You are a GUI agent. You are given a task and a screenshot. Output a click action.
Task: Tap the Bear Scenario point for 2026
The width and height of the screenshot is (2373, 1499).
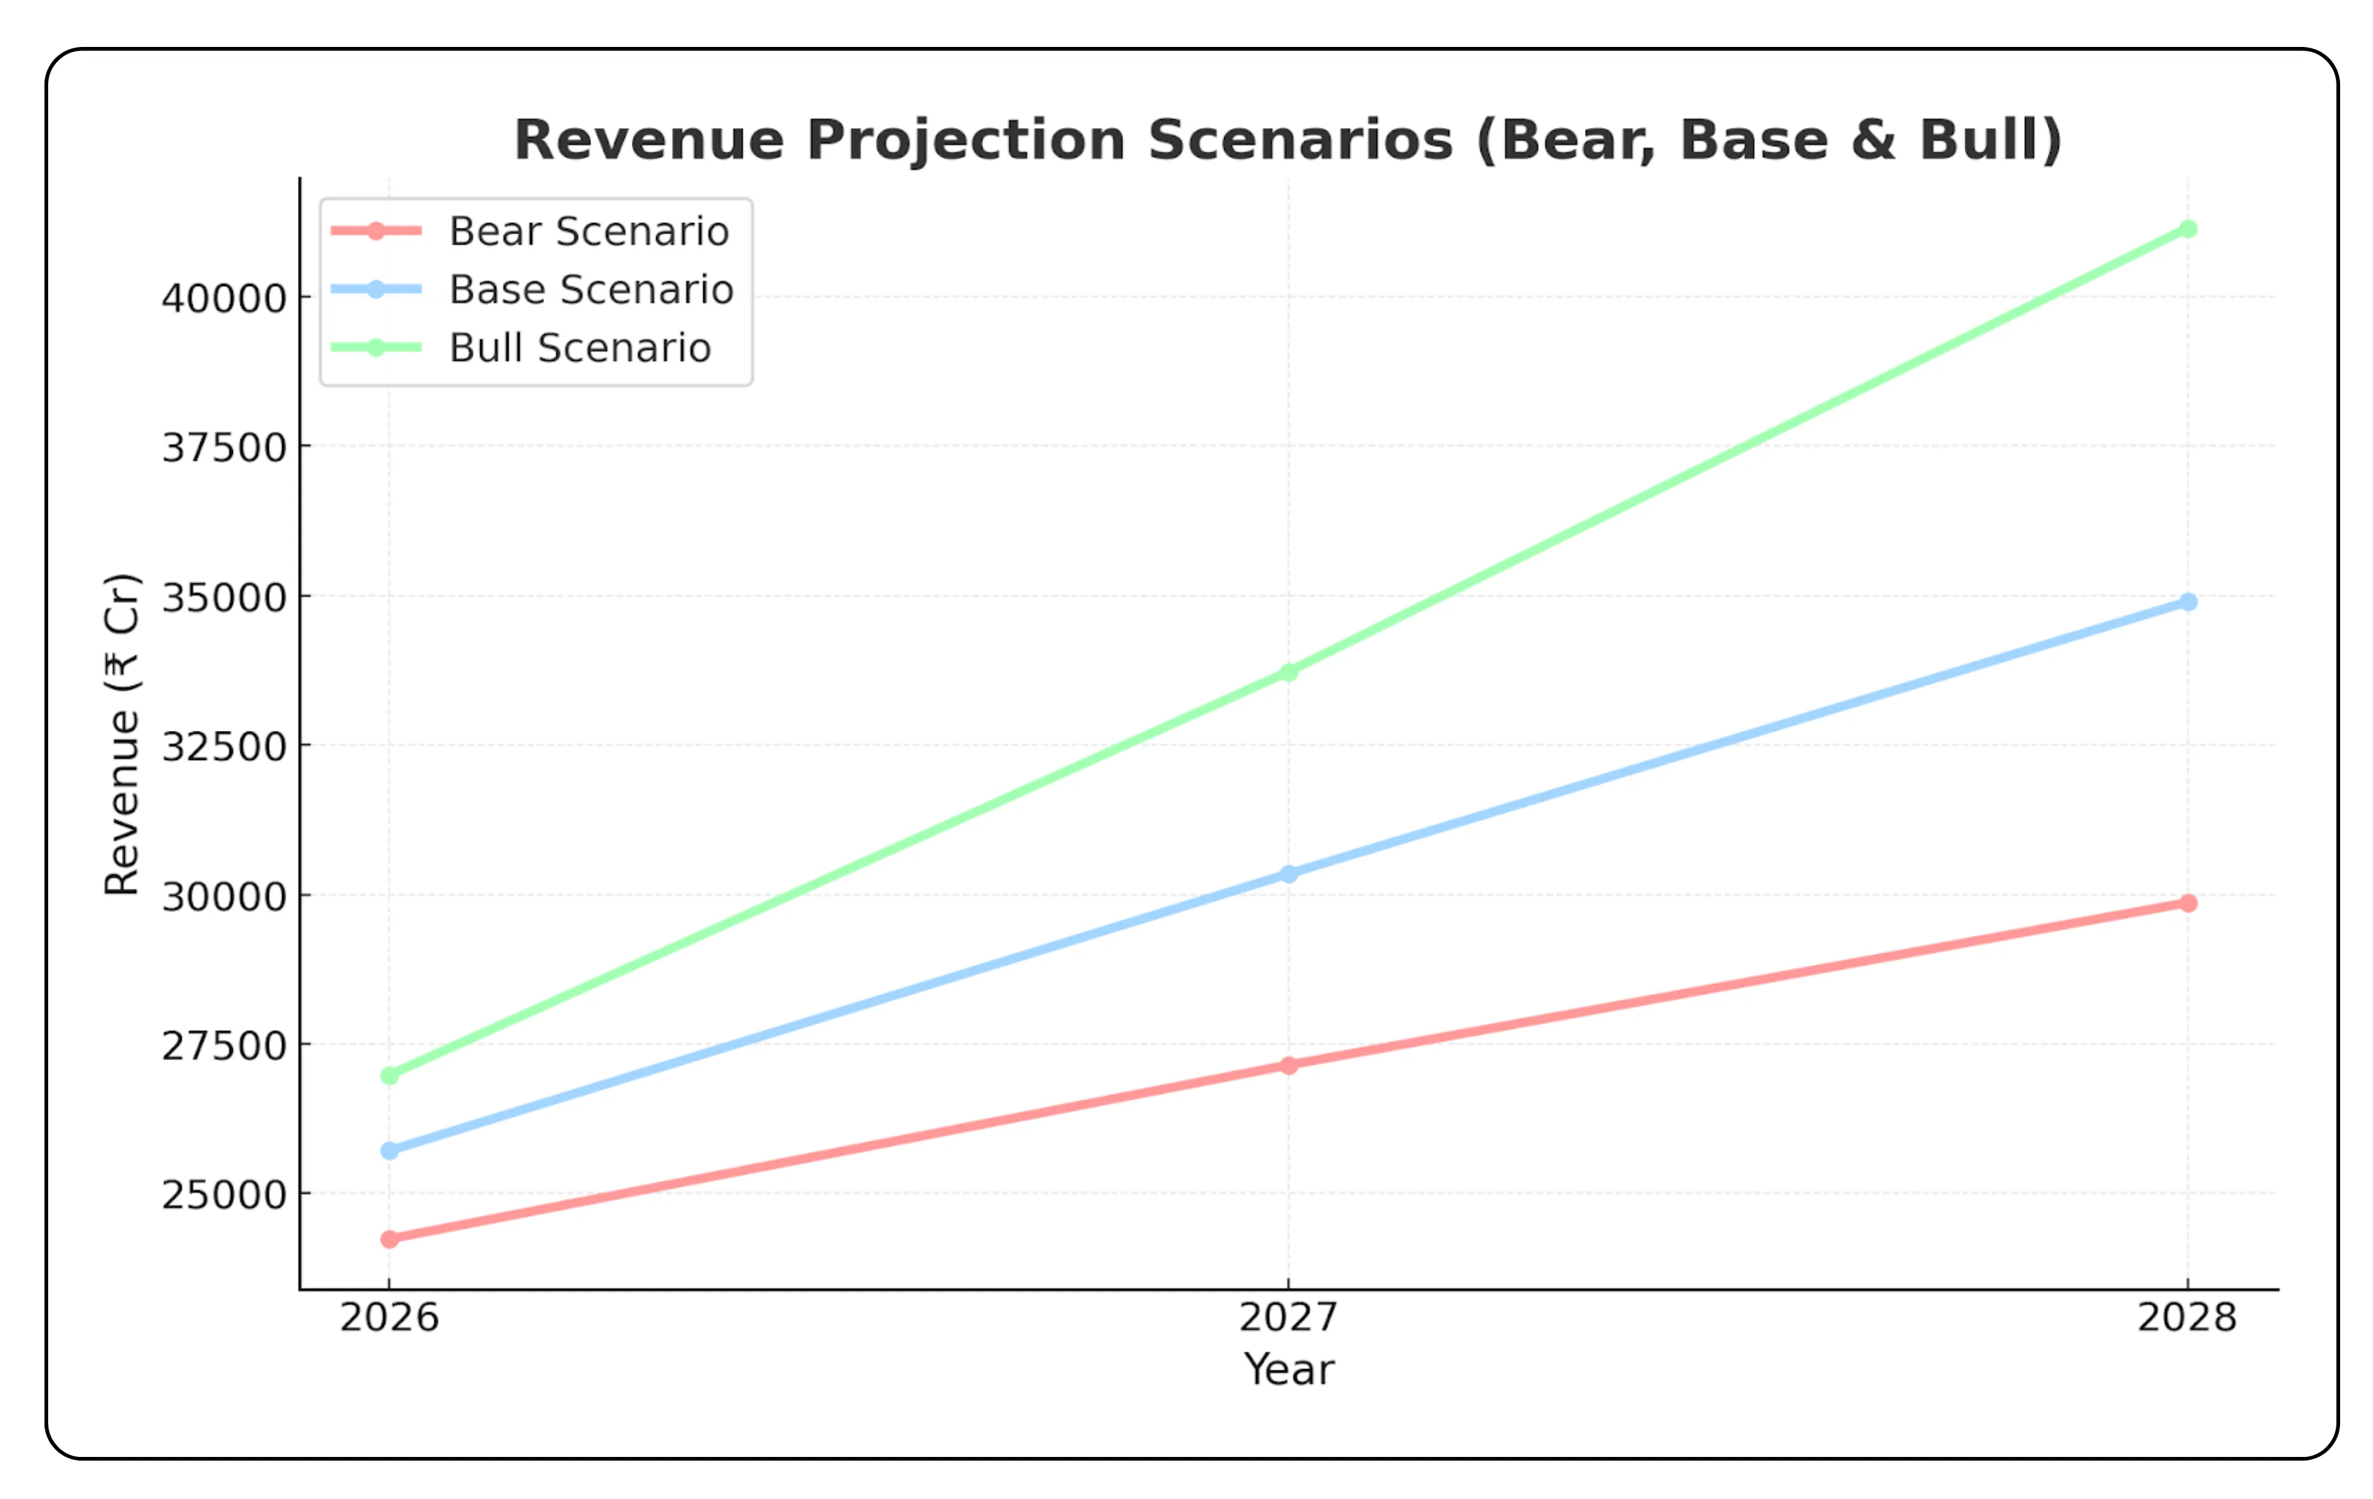389,1239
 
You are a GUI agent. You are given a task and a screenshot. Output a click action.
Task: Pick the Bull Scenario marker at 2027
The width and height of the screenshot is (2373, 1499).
1288,672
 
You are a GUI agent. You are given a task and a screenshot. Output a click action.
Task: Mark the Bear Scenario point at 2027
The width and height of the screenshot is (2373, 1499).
1288,1066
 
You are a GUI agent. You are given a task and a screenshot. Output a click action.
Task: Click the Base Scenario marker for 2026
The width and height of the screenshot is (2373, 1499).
389,1151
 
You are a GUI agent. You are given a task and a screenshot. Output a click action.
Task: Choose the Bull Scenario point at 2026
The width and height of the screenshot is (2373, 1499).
389,1075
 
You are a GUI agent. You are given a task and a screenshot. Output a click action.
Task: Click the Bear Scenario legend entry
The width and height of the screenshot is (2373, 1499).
588,232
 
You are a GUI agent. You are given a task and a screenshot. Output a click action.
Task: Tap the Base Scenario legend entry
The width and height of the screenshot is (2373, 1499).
591,290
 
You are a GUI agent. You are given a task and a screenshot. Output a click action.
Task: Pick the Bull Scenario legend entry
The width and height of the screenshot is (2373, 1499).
580,348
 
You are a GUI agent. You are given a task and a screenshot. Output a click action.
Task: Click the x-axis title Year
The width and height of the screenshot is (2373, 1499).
1288,1370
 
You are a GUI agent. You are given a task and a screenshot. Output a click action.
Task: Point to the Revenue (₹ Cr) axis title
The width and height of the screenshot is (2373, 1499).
122,734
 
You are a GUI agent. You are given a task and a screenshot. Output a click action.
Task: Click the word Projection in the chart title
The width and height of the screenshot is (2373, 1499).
966,140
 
